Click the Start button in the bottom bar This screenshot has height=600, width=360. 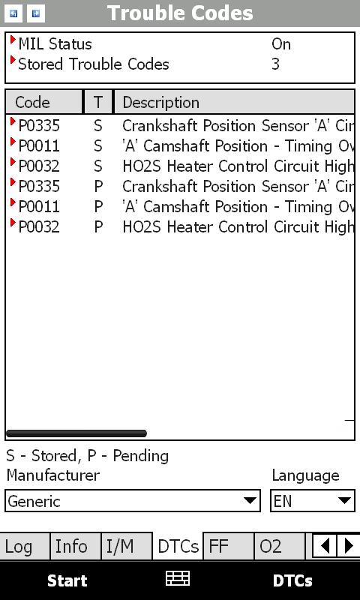tap(67, 580)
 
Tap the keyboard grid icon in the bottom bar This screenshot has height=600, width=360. tap(178, 578)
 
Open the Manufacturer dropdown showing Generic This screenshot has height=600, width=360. tap(133, 500)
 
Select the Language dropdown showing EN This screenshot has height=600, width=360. tap(313, 500)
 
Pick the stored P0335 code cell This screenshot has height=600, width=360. tap(39, 126)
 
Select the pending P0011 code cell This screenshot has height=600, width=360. tap(39, 207)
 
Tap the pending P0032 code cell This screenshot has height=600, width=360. tap(39, 227)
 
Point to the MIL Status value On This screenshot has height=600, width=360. tap(281, 44)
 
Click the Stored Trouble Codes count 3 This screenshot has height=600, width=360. tap(275, 64)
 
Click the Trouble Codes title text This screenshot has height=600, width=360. tap(180, 13)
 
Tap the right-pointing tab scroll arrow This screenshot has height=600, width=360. tap(348, 546)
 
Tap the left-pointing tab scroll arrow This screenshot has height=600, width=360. tap(325, 546)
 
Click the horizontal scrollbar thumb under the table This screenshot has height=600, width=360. tap(76, 433)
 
